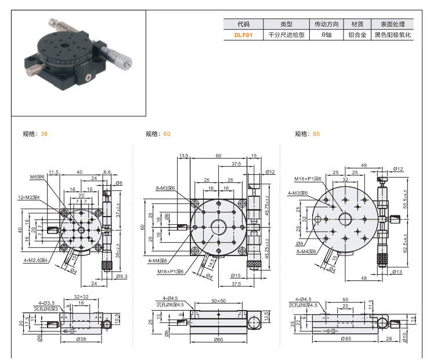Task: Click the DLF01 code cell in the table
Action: point(243,35)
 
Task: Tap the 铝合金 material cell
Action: point(357,35)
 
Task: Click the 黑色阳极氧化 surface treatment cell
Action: point(392,35)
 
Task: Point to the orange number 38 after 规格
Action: point(45,134)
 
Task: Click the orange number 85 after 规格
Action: point(316,134)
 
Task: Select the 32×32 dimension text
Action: point(81,297)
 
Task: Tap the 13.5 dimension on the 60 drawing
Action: point(184,156)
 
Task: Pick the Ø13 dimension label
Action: point(397,272)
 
